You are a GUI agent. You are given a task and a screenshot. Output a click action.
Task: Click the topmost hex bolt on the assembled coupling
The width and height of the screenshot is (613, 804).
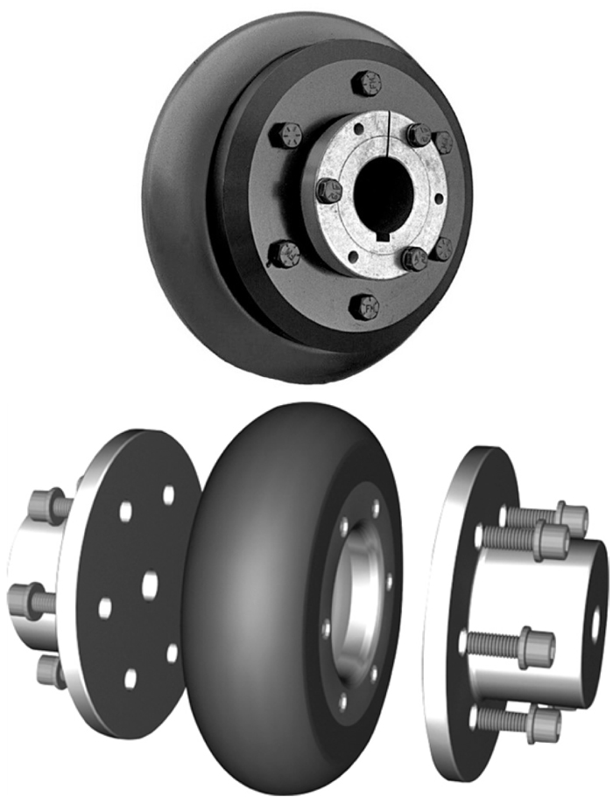pos(366,84)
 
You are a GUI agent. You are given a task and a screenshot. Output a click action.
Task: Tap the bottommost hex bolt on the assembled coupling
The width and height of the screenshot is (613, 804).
pos(364,307)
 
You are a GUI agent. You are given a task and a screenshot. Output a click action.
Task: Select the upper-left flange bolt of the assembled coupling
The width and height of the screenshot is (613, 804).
pos(285,136)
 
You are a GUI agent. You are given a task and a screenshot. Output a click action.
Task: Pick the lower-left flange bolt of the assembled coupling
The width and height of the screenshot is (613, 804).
pos(285,254)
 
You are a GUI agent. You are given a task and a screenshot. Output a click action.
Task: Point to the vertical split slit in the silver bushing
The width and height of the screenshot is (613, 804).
pos(387,131)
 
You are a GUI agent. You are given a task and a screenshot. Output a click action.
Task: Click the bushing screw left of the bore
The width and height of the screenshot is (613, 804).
pos(328,190)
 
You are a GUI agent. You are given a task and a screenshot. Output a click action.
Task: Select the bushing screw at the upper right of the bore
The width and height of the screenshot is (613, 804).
pos(419,134)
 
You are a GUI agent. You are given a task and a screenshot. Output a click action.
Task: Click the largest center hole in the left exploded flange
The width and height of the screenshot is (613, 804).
pos(150,580)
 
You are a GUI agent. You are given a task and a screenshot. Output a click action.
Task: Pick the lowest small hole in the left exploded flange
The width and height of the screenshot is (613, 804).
pos(130,677)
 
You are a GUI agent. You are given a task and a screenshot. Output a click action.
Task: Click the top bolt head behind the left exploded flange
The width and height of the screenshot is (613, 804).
pos(44,506)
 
